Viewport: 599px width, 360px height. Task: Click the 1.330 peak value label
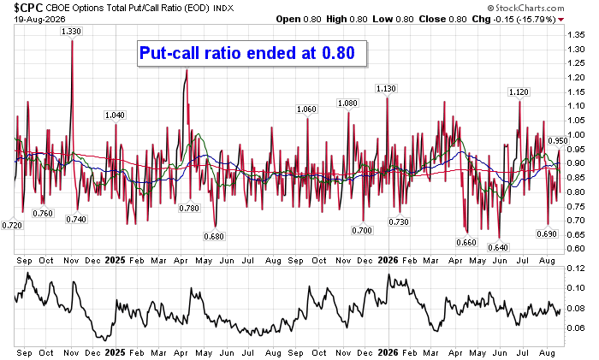(71, 32)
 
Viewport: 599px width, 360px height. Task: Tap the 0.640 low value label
(498, 247)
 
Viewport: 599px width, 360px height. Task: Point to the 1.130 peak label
(386, 89)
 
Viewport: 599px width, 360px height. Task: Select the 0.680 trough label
(214, 236)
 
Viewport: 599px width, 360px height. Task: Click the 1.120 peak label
(519, 92)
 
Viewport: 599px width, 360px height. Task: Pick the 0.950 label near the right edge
(558, 141)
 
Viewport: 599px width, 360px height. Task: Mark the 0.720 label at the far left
(12, 225)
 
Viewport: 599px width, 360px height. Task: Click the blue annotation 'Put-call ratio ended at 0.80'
(247, 53)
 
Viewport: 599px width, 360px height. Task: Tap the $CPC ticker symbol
(28, 7)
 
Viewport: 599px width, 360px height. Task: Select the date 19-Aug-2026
(39, 19)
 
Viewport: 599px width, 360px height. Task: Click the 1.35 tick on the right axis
(576, 35)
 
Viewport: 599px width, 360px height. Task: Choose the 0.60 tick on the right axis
(576, 249)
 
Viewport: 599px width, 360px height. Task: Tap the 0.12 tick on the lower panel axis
(576, 269)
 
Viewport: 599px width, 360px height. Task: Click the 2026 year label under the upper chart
(388, 260)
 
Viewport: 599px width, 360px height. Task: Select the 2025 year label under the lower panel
(115, 353)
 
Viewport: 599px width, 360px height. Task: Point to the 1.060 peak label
(306, 109)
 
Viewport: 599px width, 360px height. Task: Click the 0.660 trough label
(466, 242)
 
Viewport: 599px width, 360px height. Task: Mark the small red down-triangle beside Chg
(560, 20)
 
